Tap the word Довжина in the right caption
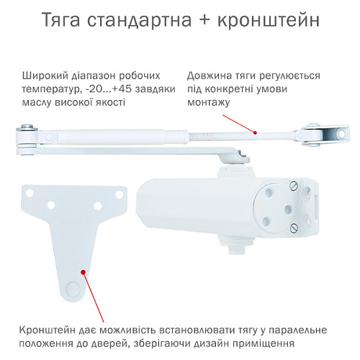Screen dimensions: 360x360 [x=210, y=76]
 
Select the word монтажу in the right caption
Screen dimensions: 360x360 [x=209, y=103]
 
